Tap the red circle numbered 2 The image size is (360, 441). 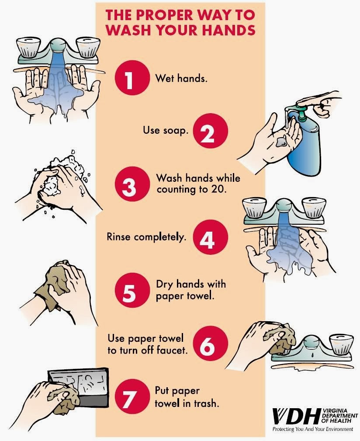coord(208,132)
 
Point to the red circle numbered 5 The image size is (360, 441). coord(129,290)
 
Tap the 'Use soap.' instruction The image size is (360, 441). coord(166,130)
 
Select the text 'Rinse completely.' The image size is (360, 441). coord(146,237)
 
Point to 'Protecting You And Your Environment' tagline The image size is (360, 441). coord(312,430)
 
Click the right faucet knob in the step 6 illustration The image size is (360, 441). coord(342,344)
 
